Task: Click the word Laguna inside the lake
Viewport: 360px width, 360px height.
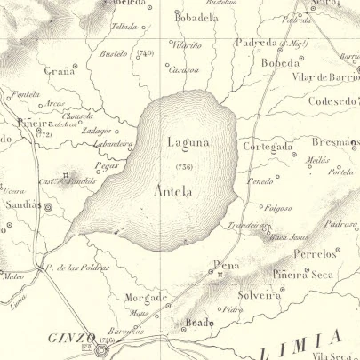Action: tap(188, 140)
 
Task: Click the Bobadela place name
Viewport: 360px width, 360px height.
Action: tap(196, 17)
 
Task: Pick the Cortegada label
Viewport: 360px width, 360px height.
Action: tap(268, 146)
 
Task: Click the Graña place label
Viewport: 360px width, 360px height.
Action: tap(58, 72)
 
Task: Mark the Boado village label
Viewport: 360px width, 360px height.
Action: tap(197, 324)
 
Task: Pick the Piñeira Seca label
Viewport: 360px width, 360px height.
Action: tap(303, 275)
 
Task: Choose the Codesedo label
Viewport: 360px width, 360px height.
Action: tap(330, 100)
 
